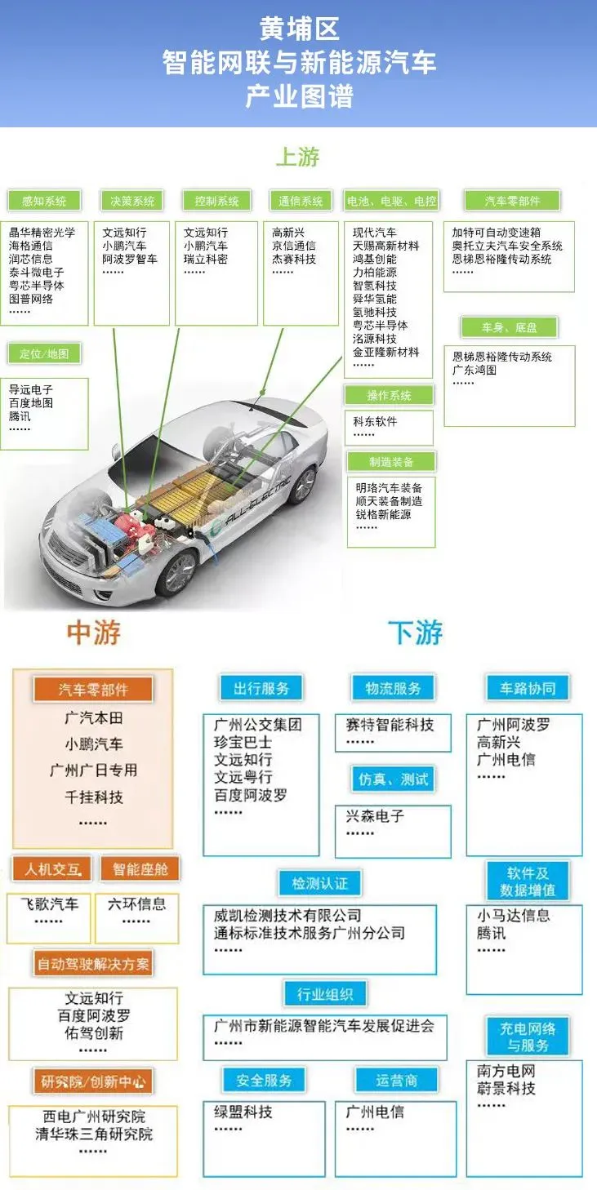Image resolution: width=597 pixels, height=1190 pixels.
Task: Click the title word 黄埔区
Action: click(299, 29)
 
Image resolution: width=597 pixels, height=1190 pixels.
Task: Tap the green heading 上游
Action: click(297, 157)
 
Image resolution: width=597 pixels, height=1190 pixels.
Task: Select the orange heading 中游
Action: click(94, 633)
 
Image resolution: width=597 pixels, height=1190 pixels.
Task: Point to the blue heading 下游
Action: click(415, 633)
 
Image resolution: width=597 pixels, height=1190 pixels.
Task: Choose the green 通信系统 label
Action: click(301, 201)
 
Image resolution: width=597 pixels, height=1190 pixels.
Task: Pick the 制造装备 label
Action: click(391, 462)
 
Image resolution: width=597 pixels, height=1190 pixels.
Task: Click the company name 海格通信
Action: click(31, 246)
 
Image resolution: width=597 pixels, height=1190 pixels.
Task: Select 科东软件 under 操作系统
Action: click(375, 422)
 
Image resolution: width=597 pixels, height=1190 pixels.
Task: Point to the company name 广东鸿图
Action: click(474, 370)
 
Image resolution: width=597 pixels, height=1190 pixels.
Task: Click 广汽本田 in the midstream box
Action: click(94, 718)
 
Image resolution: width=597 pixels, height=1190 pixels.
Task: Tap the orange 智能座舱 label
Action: click(140, 869)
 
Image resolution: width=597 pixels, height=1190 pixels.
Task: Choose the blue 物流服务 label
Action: click(394, 688)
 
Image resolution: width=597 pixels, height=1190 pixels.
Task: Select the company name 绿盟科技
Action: click(243, 1112)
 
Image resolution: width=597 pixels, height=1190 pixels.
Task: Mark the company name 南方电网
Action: click(506, 1071)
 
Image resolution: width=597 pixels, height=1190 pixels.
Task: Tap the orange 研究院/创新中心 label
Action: click(93, 1083)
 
